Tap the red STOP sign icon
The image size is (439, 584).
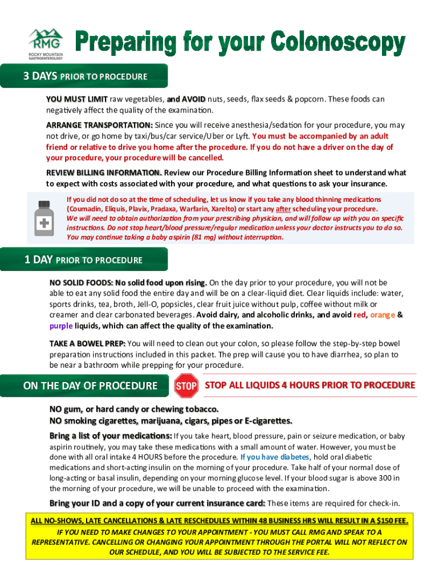click(186, 386)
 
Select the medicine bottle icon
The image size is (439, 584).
click(44, 218)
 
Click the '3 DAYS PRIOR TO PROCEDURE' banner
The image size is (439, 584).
click(85, 76)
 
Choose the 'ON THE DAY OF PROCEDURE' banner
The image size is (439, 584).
click(90, 386)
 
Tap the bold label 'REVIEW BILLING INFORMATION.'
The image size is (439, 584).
click(104, 172)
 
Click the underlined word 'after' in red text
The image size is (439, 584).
click(283, 209)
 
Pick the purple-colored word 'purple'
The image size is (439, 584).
click(61, 326)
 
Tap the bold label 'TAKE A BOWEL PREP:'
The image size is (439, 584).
click(87, 343)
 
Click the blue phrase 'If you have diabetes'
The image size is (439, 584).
click(275, 457)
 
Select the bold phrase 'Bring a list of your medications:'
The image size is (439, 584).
click(111, 436)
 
